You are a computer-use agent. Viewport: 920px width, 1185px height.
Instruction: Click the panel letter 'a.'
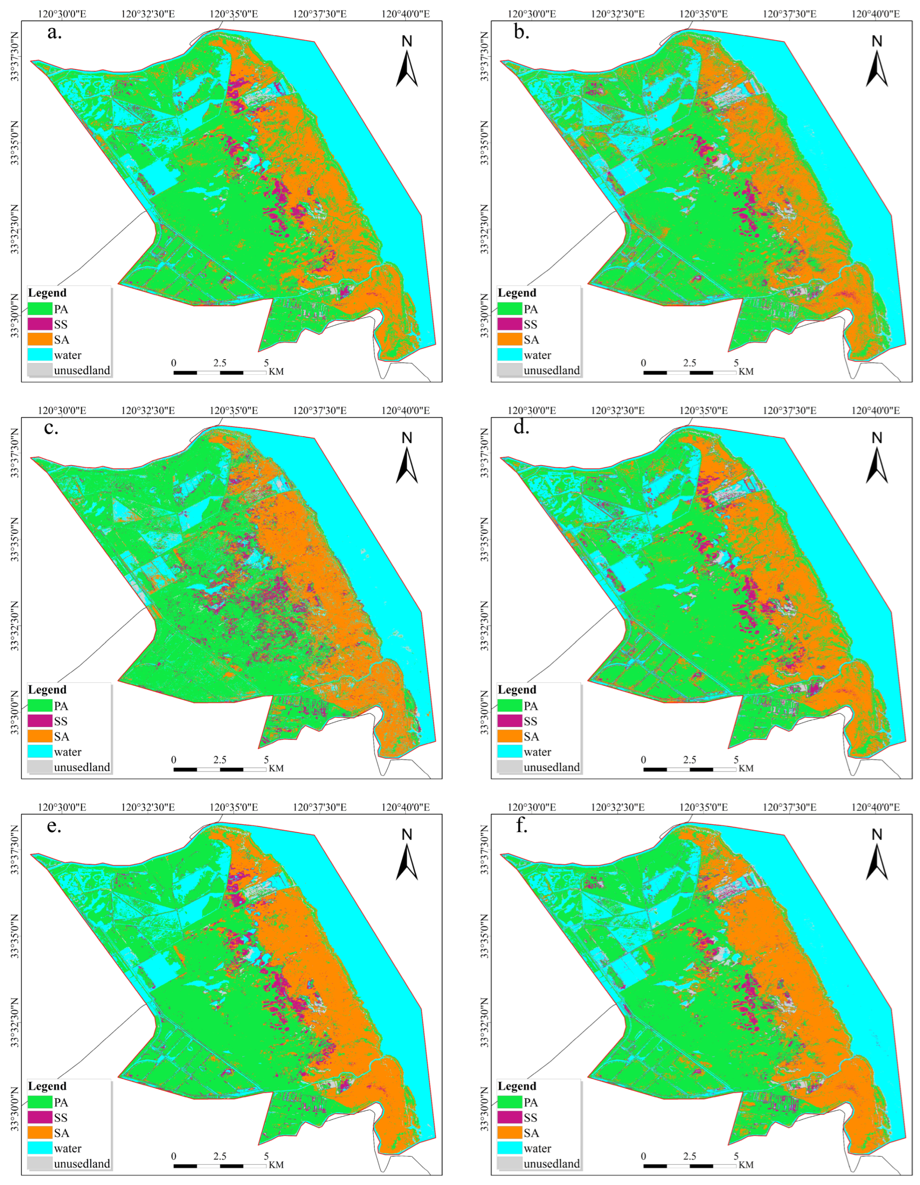tap(54, 33)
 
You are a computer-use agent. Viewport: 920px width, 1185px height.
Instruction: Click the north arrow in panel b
tap(877, 63)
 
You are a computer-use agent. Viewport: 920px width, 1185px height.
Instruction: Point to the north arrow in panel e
tap(407, 856)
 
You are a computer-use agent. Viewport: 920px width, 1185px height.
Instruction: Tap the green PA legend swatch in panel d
tap(510, 706)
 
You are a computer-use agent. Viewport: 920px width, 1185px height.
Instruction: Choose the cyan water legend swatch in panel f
tap(510, 1148)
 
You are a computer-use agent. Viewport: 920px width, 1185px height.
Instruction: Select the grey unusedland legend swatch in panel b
tap(510, 370)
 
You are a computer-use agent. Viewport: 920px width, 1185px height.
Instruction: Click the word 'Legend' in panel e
tap(47, 1086)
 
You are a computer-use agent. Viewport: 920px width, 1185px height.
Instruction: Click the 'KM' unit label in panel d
tap(746, 768)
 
